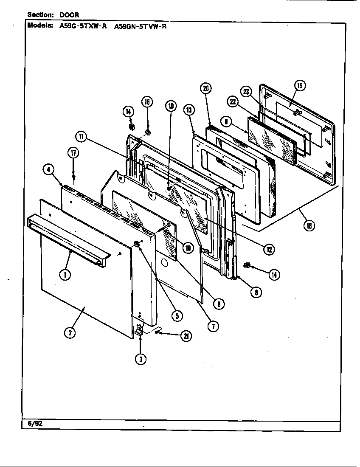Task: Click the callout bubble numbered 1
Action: pyautogui.click(x=65, y=275)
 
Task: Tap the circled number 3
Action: pyautogui.click(x=141, y=359)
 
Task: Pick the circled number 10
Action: pyautogui.click(x=171, y=106)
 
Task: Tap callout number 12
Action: pyautogui.click(x=269, y=249)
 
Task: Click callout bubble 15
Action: pyautogui.click(x=300, y=86)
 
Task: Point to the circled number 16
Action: pyautogui.click(x=309, y=226)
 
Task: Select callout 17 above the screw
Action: pyautogui.click(x=73, y=153)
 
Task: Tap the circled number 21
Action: pyautogui.click(x=186, y=336)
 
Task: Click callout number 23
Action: pyautogui.click(x=246, y=91)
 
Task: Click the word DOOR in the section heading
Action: pyautogui.click(x=69, y=14)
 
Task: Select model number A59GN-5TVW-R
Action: pyautogui.click(x=141, y=25)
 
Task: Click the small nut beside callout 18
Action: pyautogui.click(x=148, y=132)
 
